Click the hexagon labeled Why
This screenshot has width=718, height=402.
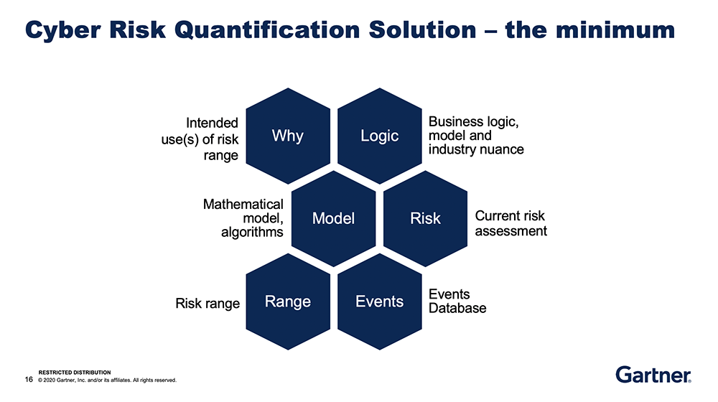(287, 136)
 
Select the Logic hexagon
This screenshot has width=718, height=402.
(379, 136)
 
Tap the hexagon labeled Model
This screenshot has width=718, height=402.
(333, 218)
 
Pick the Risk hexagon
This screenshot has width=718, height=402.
(425, 218)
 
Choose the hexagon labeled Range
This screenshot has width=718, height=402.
(287, 301)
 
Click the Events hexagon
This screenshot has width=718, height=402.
(379, 301)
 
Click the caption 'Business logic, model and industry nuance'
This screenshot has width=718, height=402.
(475, 136)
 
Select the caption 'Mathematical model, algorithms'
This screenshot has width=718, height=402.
(243, 218)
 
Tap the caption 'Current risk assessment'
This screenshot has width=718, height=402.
(510, 223)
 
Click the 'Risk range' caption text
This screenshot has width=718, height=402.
(208, 304)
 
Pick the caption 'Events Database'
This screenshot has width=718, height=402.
(457, 301)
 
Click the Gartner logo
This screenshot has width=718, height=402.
(653, 375)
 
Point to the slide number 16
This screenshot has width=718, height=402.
(29, 379)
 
